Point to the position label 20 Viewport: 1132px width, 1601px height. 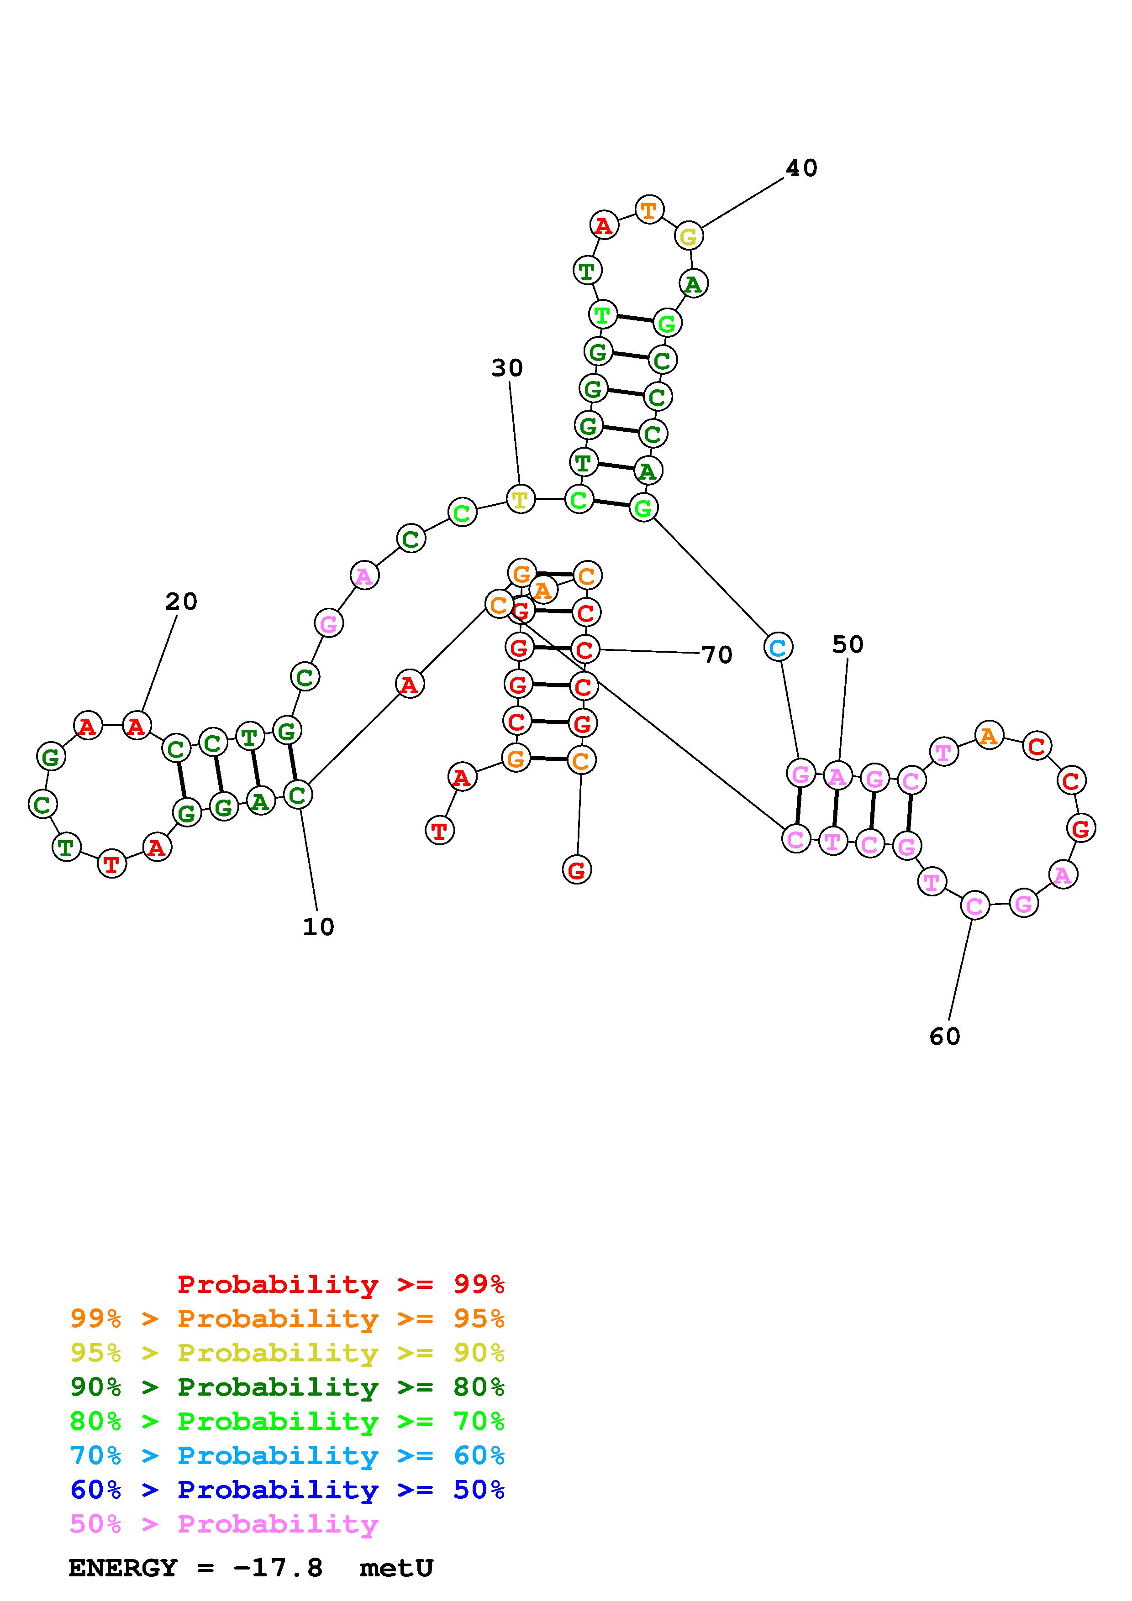click(x=181, y=601)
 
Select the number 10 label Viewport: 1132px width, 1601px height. click(x=318, y=927)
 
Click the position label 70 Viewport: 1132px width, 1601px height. click(x=717, y=655)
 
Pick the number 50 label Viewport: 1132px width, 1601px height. click(x=848, y=645)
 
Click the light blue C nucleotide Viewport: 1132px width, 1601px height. click(x=777, y=648)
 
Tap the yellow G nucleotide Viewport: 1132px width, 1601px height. click(x=689, y=236)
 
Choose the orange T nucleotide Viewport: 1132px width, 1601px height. click(x=648, y=209)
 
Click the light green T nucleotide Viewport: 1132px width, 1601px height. click(x=602, y=314)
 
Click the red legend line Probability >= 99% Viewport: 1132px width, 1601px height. click(x=341, y=1284)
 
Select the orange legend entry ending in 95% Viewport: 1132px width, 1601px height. click(x=287, y=1318)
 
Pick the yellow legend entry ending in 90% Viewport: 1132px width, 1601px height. click(x=287, y=1353)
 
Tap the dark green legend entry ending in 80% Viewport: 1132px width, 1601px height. click(x=287, y=1387)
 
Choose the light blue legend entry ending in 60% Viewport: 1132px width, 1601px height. click(x=287, y=1455)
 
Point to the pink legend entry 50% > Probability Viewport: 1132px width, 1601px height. click(x=224, y=1523)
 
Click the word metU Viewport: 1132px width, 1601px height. click(x=396, y=1568)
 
